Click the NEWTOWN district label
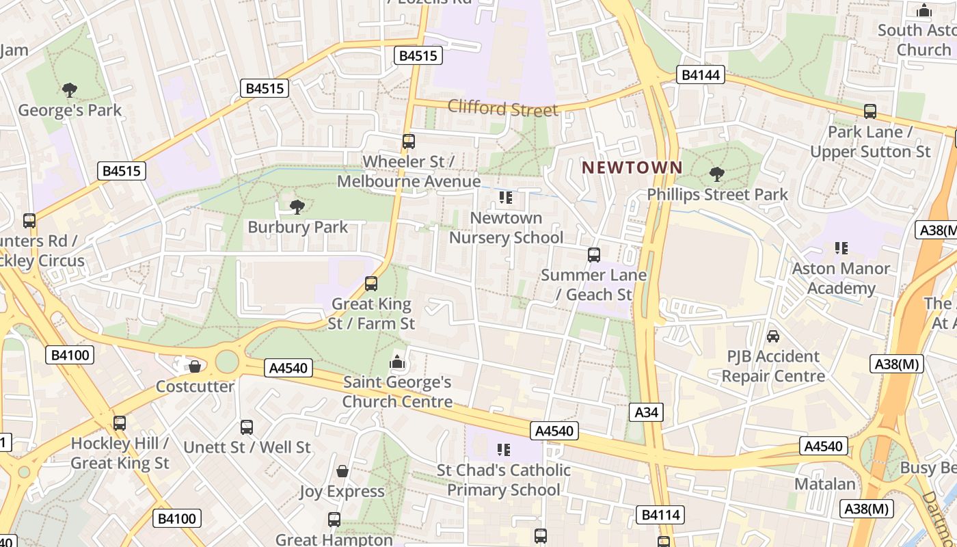coord(632,168)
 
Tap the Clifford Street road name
coord(502,108)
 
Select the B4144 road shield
coord(701,75)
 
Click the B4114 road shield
coord(660,514)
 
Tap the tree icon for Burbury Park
coord(297,206)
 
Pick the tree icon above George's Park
coord(69,90)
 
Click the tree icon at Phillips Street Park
coord(716,174)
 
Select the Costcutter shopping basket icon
coord(195,366)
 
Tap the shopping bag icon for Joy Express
coord(342,471)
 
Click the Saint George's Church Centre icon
coord(397,362)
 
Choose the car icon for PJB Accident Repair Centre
coord(772,336)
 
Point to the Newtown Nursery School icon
coord(505,198)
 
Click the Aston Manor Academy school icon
coord(841,248)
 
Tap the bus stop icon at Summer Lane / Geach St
coord(594,255)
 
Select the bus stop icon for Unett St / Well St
coord(247,427)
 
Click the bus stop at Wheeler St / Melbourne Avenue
coord(408,142)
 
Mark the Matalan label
coord(824,484)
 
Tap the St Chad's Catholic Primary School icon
coord(504,450)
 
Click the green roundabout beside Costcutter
coord(227,361)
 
